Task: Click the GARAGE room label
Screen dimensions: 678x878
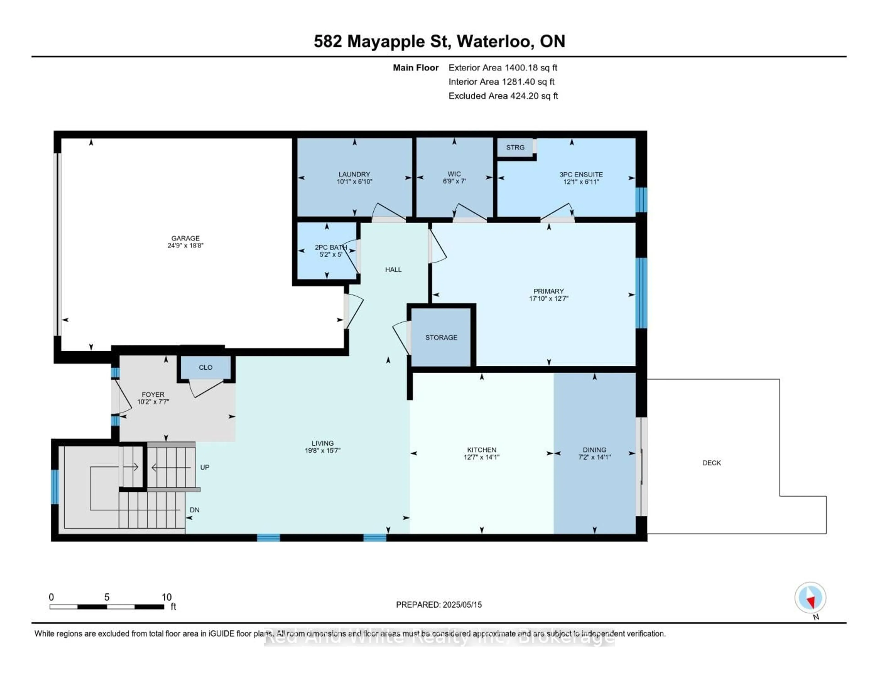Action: (185, 238)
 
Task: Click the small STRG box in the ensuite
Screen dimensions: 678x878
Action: (515, 147)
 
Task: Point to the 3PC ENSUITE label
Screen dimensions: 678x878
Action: (581, 174)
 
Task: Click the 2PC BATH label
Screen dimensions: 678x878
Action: (330, 247)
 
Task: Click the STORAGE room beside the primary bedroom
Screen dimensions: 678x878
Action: (441, 338)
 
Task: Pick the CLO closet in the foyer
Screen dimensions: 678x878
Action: (205, 367)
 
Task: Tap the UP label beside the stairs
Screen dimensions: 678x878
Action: (205, 467)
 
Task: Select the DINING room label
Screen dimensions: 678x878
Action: (594, 450)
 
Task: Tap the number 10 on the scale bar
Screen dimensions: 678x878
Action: (166, 597)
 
